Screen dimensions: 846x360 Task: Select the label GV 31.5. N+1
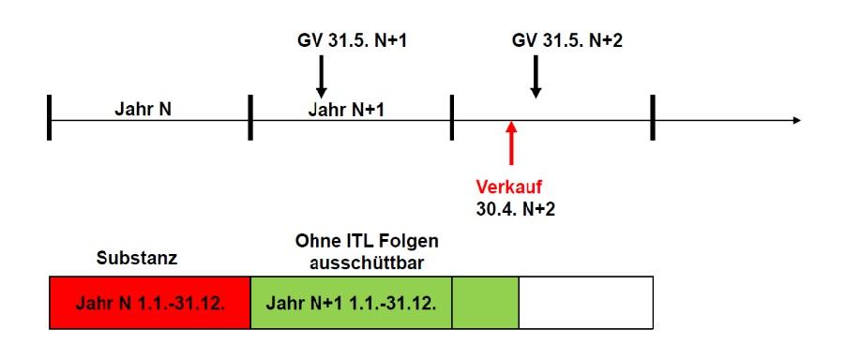pos(339,41)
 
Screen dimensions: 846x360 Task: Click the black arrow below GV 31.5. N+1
pos(321,76)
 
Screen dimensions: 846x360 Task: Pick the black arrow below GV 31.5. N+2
pos(536,76)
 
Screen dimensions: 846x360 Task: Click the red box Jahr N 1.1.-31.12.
pos(150,303)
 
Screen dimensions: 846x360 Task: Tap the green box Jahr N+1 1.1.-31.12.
pos(351,303)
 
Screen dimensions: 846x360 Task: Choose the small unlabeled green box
pos(485,303)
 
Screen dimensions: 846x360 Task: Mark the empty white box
pos(584,303)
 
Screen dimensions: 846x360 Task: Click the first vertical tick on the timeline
pos(49,121)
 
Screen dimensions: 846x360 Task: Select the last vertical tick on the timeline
pos(652,121)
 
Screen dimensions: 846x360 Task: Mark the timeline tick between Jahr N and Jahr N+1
pos(250,121)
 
